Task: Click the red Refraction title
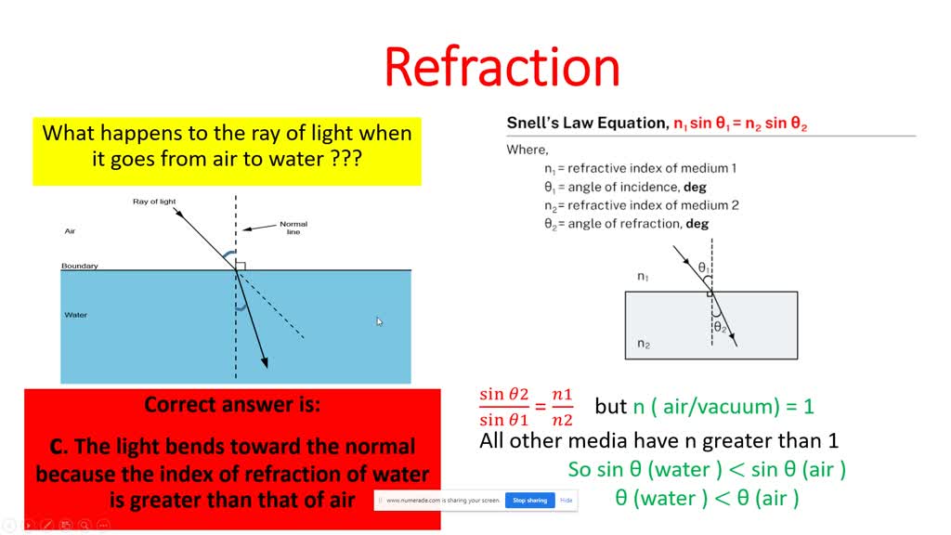502,67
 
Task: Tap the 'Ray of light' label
154,202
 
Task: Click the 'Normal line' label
293,228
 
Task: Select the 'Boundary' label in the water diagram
79,267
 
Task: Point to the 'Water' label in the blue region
75,315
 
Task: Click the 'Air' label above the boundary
70,230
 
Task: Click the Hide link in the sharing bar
566,501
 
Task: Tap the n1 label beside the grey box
644,276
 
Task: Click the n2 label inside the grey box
644,345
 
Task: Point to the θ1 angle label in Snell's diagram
704,267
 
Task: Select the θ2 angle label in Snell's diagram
720,327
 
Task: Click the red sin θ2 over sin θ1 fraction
504,406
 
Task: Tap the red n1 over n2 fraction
563,406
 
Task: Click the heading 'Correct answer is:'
232,405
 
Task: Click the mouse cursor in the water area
379,321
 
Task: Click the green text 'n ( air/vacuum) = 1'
723,407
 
